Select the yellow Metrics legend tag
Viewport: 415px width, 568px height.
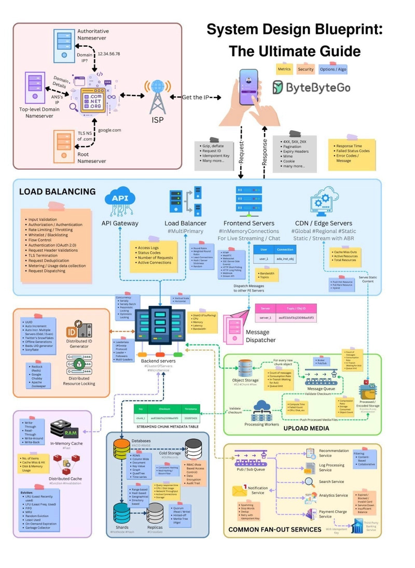[x=284, y=69]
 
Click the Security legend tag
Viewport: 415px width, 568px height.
[x=306, y=69]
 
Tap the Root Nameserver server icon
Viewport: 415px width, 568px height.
[x=63, y=145]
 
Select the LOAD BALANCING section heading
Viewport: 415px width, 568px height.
[x=57, y=192]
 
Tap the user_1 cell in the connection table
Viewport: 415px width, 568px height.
[x=264, y=259]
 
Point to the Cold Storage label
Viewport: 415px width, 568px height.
[x=170, y=452]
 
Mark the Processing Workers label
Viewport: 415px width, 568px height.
[x=265, y=424]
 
